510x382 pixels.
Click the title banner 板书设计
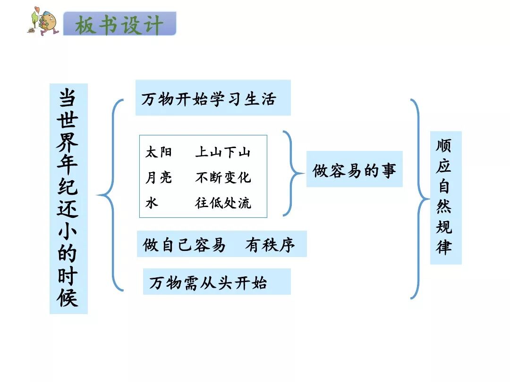click(x=119, y=24)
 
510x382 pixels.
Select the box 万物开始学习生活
click(x=212, y=98)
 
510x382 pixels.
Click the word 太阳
click(x=159, y=152)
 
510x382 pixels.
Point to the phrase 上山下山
click(x=223, y=152)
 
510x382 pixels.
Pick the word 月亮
click(x=159, y=178)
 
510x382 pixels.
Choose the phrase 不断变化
click(x=223, y=178)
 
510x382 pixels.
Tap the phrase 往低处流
click(x=223, y=203)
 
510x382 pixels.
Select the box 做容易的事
click(x=354, y=169)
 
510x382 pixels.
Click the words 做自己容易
click(x=184, y=245)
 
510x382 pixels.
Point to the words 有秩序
click(x=270, y=245)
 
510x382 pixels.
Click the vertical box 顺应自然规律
click(x=445, y=197)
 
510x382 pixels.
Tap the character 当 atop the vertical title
click(x=68, y=98)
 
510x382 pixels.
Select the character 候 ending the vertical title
click(x=68, y=298)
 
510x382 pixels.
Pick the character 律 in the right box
click(x=444, y=247)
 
